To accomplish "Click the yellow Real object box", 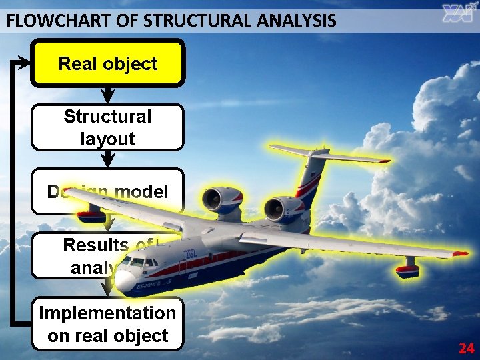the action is pyautogui.click(x=107, y=64).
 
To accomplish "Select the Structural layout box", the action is pyautogui.click(x=107, y=127).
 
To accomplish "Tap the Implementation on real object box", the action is pyautogui.click(x=107, y=324).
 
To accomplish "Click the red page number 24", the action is pyautogui.click(x=466, y=348).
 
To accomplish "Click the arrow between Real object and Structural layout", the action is pyautogui.click(x=107, y=95).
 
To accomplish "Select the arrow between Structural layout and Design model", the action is pyautogui.click(x=107, y=159).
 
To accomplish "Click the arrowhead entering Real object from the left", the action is pyautogui.click(x=25, y=64).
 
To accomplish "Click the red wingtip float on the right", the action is pyautogui.click(x=407, y=270).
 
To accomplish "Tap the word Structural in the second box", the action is pyautogui.click(x=107, y=117).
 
